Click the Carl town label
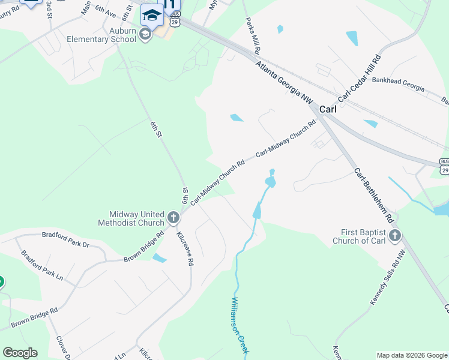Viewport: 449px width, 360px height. [x=328, y=110]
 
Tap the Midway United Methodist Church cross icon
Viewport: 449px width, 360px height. [x=173, y=218]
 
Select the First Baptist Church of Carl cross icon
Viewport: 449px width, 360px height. [x=394, y=236]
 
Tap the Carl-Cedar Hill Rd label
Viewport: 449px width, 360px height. [x=360, y=78]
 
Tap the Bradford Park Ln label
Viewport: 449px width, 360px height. [x=42, y=265]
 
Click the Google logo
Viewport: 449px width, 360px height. [x=20, y=353]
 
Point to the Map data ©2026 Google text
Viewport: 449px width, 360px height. [x=412, y=355]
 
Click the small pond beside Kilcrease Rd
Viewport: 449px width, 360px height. [x=160, y=258]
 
